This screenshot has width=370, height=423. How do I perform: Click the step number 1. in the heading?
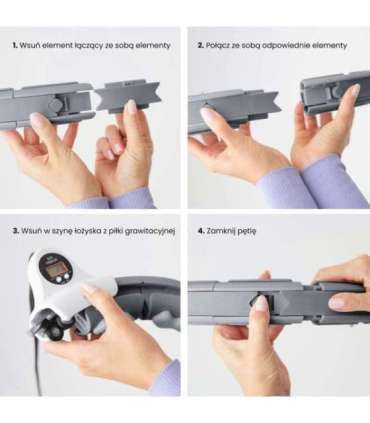[x=15, y=45]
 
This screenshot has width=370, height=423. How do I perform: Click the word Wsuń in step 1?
[x=27, y=45]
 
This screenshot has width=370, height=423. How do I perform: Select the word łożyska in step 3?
[x=88, y=231]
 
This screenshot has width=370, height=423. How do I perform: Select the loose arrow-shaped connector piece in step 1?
[x=128, y=96]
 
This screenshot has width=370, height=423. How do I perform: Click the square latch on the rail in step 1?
[x=54, y=104]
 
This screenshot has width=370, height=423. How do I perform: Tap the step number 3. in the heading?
[x=16, y=231]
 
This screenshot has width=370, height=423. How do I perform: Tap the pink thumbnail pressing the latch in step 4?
[x=262, y=303]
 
